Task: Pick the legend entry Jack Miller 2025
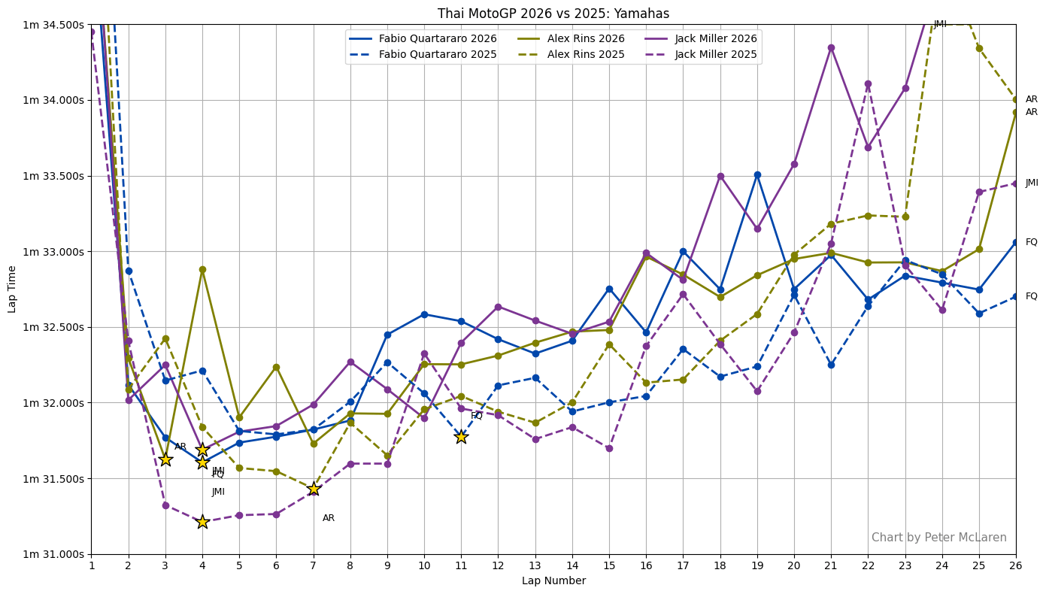click(x=717, y=54)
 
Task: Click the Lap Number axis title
click(x=553, y=580)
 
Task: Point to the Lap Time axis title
click(x=12, y=289)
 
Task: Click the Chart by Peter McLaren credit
click(x=938, y=538)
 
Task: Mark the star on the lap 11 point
click(x=461, y=436)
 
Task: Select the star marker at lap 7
click(x=314, y=489)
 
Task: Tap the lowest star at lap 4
click(x=202, y=522)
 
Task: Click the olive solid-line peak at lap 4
click(x=202, y=269)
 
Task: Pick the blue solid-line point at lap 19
click(x=757, y=174)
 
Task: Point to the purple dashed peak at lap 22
click(x=868, y=83)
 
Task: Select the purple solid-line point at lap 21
click(x=831, y=47)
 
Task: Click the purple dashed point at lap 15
click(x=609, y=448)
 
